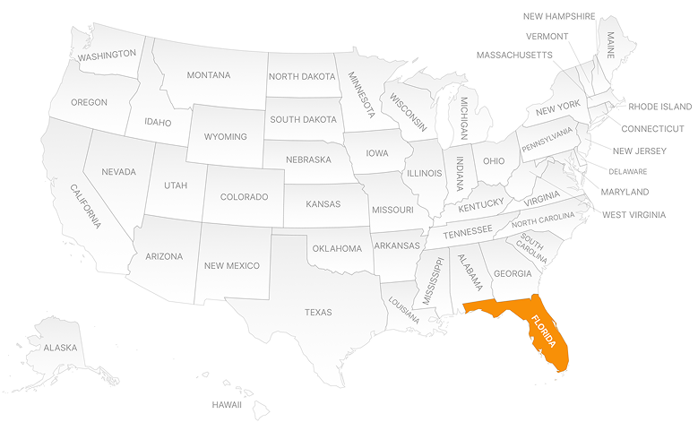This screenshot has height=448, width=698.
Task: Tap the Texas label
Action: coord(318,313)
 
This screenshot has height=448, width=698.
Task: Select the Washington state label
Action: coord(107,55)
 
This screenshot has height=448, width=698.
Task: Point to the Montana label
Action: coord(208,75)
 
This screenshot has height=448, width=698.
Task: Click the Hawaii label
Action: coord(227,405)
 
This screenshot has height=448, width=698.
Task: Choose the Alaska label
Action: coord(60,348)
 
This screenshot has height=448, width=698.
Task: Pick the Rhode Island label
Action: coord(659,107)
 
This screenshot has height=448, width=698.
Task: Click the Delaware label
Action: coord(627,171)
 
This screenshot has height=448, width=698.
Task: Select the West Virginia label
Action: coord(633,215)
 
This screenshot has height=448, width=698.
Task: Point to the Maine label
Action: coord(612,44)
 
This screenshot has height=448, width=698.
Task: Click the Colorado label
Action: coord(245,197)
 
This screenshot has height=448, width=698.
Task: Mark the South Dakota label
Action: coord(304,119)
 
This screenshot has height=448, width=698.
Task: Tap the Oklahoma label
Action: coord(336,248)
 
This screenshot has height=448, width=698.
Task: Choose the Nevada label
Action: coord(118,172)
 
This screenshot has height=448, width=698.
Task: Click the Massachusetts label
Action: coord(514,56)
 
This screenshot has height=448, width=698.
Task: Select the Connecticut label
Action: coord(652,129)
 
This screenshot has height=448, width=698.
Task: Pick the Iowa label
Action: coord(377,153)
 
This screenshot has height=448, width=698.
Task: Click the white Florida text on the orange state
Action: coord(543,332)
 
